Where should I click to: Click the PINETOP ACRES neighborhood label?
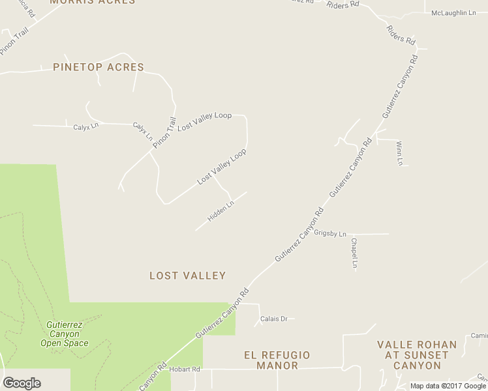pos(99,67)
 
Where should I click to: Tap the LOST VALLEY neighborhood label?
pos(188,276)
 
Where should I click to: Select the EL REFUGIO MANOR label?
pos(277,360)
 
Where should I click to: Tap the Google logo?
pos(22,383)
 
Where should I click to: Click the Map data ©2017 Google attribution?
pos(448,386)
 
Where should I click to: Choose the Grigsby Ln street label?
pos(330,233)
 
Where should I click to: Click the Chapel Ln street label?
pos(354,253)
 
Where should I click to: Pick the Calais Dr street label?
pos(274,319)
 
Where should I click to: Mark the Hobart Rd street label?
pos(185,369)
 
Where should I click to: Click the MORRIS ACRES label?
pos(93,2)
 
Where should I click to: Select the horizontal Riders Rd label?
pos(343,4)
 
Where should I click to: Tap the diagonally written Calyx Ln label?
pos(143,132)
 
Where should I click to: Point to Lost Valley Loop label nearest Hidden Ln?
pos(222,166)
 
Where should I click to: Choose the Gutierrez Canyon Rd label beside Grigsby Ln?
pos(299,235)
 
